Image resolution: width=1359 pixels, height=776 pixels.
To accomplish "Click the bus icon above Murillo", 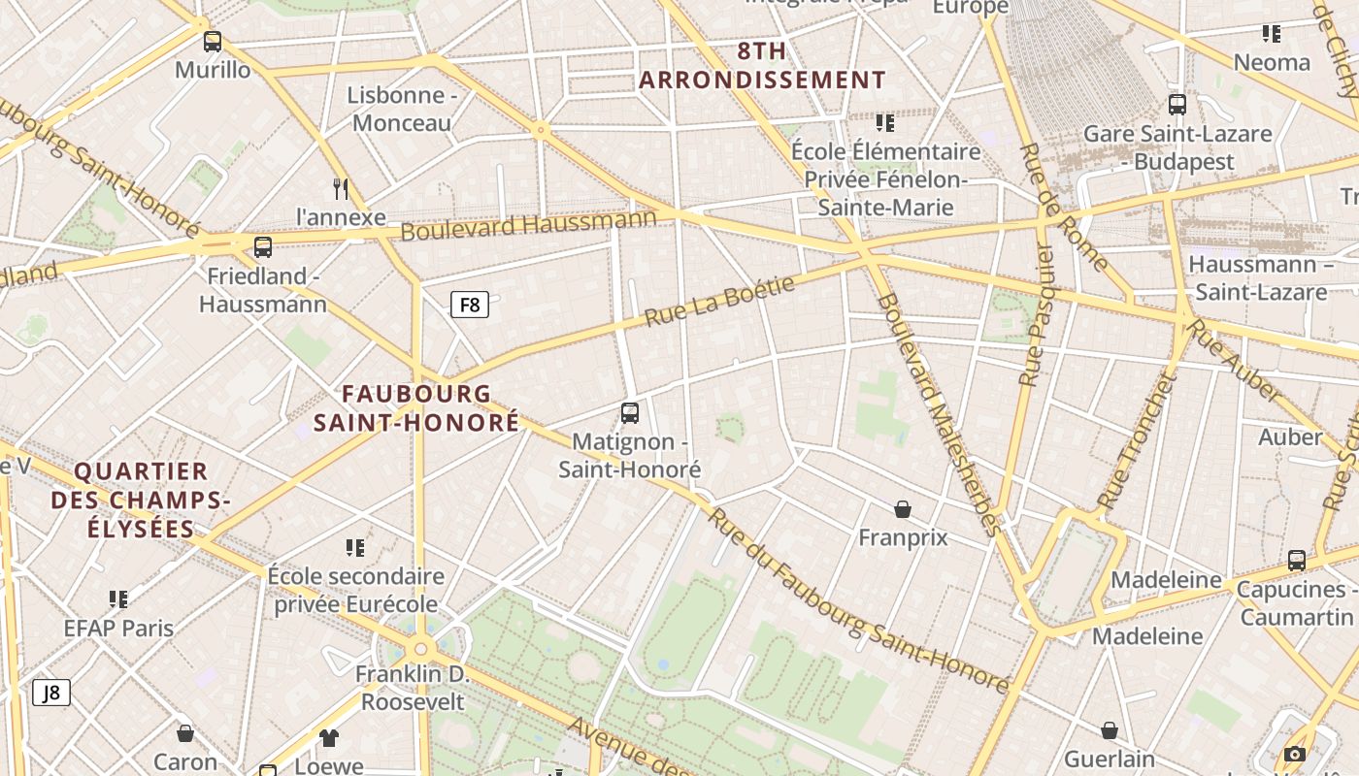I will (x=213, y=42).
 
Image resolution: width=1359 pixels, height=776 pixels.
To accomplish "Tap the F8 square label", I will (x=469, y=306).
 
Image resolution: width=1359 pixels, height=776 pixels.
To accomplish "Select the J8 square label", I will (x=51, y=693).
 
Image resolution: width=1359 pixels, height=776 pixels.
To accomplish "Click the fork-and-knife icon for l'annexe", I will (x=340, y=188).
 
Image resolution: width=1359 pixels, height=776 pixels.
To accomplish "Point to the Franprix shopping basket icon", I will (x=903, y=509).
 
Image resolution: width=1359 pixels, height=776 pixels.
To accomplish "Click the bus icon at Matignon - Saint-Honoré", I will (x=630, y=413).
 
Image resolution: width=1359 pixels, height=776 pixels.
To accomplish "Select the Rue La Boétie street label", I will (x=719, y=302).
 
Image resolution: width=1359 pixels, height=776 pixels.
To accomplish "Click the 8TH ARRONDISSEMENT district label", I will (x=762, y=66).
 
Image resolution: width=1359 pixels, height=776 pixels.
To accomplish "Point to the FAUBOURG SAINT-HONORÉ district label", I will (x=416, y=408).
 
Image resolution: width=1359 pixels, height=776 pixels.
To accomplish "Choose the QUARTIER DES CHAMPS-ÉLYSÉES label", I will (x=141, y=501).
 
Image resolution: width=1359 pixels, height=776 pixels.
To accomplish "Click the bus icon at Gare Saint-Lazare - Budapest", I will (x=1177, y=105).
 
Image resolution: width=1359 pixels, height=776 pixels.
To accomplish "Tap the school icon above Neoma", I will (x=1272, y=35).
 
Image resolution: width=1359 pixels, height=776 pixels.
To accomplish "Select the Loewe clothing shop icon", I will (x=329, y=738).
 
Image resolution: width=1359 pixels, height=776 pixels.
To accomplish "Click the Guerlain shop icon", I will (x=1110, y=730).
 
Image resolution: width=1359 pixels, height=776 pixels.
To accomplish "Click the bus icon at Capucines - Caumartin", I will (x=1297, y=561).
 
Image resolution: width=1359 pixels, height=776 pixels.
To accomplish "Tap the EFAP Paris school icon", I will (x=118, y=599).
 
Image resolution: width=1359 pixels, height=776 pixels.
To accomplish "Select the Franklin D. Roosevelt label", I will (x=413, y=688).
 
